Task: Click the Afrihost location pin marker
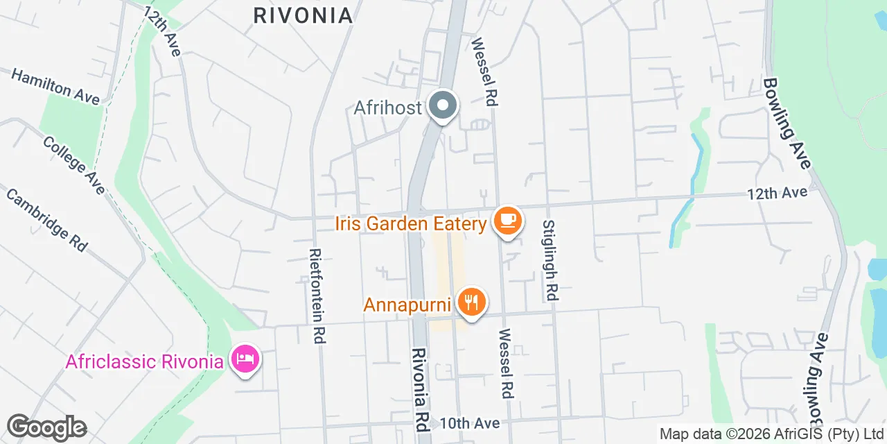pos(442,107)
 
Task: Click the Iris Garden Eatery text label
pos(410,224)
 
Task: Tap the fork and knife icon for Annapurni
pos(471,302)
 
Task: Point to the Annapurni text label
pos(407,305)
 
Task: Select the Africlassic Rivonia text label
pos(146,361)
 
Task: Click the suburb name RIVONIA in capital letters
pos(303,15)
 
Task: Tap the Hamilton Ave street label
pos(55,86)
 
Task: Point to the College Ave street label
pos(74,164)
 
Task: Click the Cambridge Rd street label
pos(46,219)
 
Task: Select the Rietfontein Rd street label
pos(318,296)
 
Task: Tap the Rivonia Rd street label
pos(421,388)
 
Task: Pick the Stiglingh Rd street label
pos(550,260)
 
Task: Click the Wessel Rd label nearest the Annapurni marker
pos(505,363)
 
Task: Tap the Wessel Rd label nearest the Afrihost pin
pos(484,71)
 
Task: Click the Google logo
pos(46,427)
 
